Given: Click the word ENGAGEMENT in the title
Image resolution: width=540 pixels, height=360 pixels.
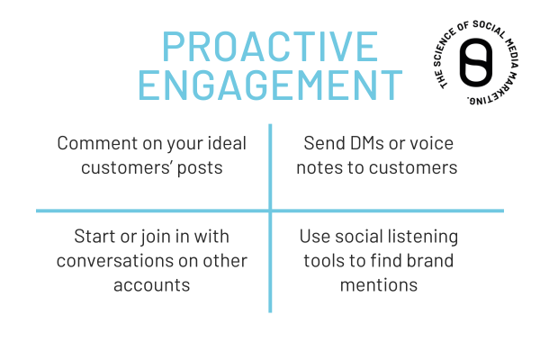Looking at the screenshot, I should click(x=271, y=86).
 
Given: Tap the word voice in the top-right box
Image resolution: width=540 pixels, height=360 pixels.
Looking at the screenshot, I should click(x=435, y=144).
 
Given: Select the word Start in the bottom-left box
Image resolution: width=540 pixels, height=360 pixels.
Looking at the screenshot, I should click(x=93, y=237).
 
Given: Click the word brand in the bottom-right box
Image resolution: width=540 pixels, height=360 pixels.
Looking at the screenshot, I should click(x=432, y=261).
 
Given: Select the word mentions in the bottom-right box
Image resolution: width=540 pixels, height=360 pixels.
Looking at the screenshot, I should click(x=379, y=285).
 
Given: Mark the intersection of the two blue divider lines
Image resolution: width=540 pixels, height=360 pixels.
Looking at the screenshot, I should click(x=270, y=211).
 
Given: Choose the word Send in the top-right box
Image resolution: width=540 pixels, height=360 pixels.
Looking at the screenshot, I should click(x=322, y=144).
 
